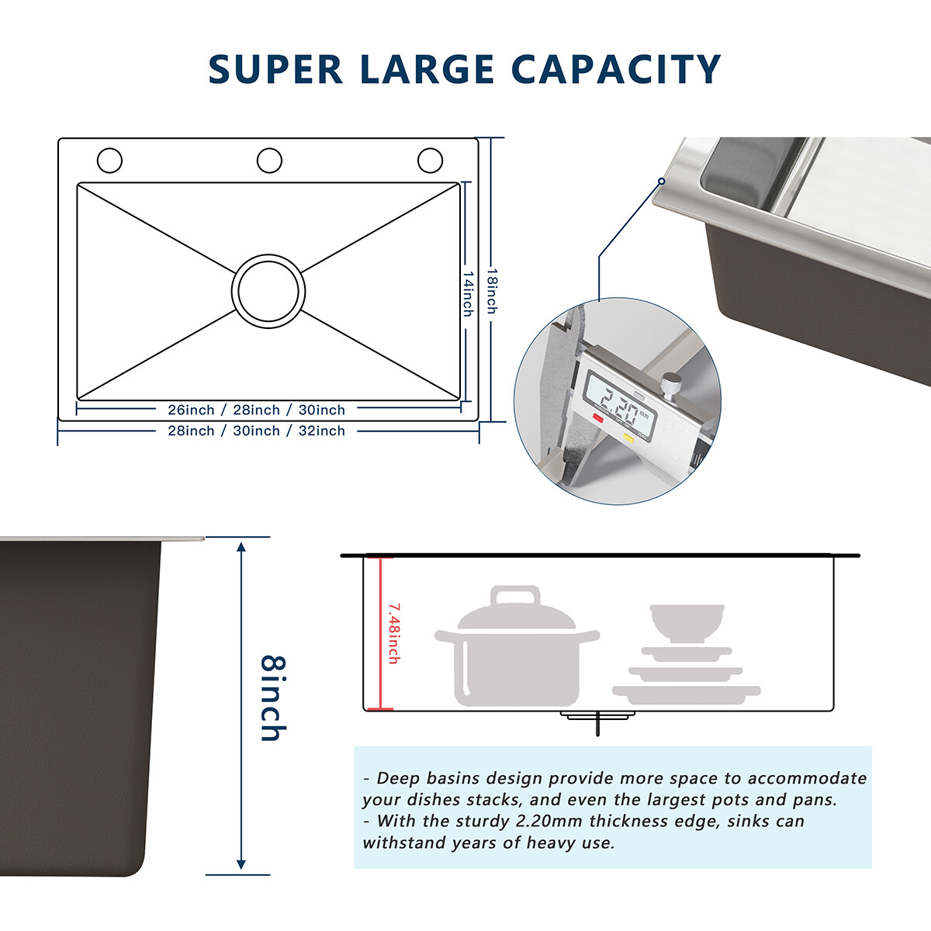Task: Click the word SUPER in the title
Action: click(x=275, y=69)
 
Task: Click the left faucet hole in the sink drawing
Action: click(x=109, y=161)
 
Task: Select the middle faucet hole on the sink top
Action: click(x=269, y=161)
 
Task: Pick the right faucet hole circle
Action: click(x=430, y=161)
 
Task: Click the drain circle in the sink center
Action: click(x=268, y=291)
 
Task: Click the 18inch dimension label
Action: click(x=492, y=291)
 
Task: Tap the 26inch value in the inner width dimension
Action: click(x=191, y=410)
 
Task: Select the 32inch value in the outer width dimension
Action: click(x=322, y=431)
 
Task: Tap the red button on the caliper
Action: click(x=598, y=418)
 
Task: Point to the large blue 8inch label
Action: click(x=273, y=698)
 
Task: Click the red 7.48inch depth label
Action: click(x=393, y=632)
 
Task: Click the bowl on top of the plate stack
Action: click(x=687, y=622)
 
